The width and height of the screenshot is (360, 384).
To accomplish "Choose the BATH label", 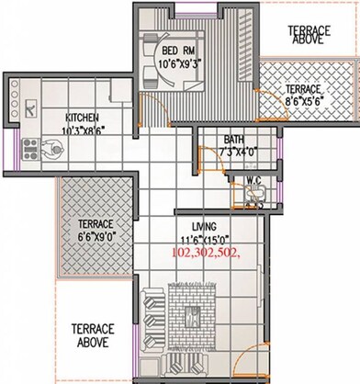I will click(233, 141).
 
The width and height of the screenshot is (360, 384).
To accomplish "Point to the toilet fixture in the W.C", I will click(254, 192).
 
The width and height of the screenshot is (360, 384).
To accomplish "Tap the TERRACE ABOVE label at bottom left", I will click(93, 334).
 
